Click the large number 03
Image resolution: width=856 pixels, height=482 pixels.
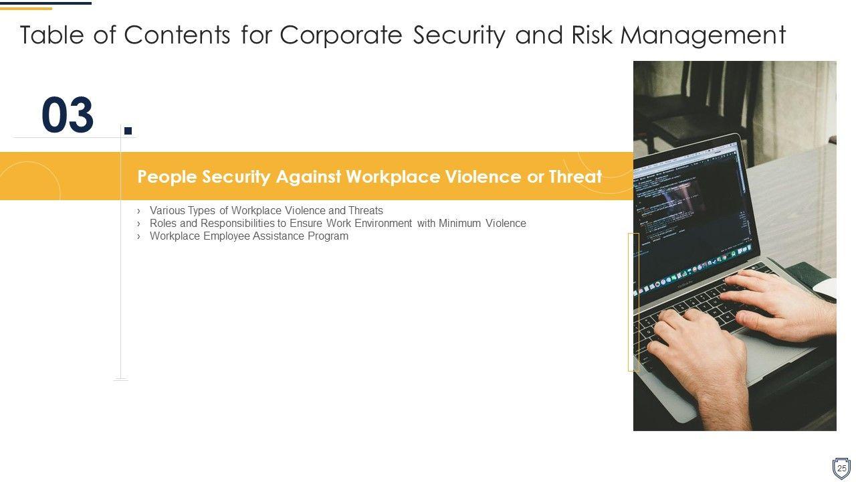tap(68, 114)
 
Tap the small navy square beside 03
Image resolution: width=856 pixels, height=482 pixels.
tap(128, 131)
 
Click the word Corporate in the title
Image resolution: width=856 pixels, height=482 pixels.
tap(341, 35)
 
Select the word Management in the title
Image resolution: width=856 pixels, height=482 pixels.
tap(703, 36)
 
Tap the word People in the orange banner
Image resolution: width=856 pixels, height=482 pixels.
tap(167, 177)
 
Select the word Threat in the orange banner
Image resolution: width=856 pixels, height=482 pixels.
tap(575, 177)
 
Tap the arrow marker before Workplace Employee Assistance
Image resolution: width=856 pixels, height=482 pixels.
tap(138, 236)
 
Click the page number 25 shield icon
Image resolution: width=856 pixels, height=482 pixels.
tap(841, 468)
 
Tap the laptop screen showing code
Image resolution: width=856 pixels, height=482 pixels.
tap(691, 214)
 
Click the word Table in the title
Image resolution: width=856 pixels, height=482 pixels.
tap(52, 35)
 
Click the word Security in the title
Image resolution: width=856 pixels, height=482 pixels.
tap(459, 36)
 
